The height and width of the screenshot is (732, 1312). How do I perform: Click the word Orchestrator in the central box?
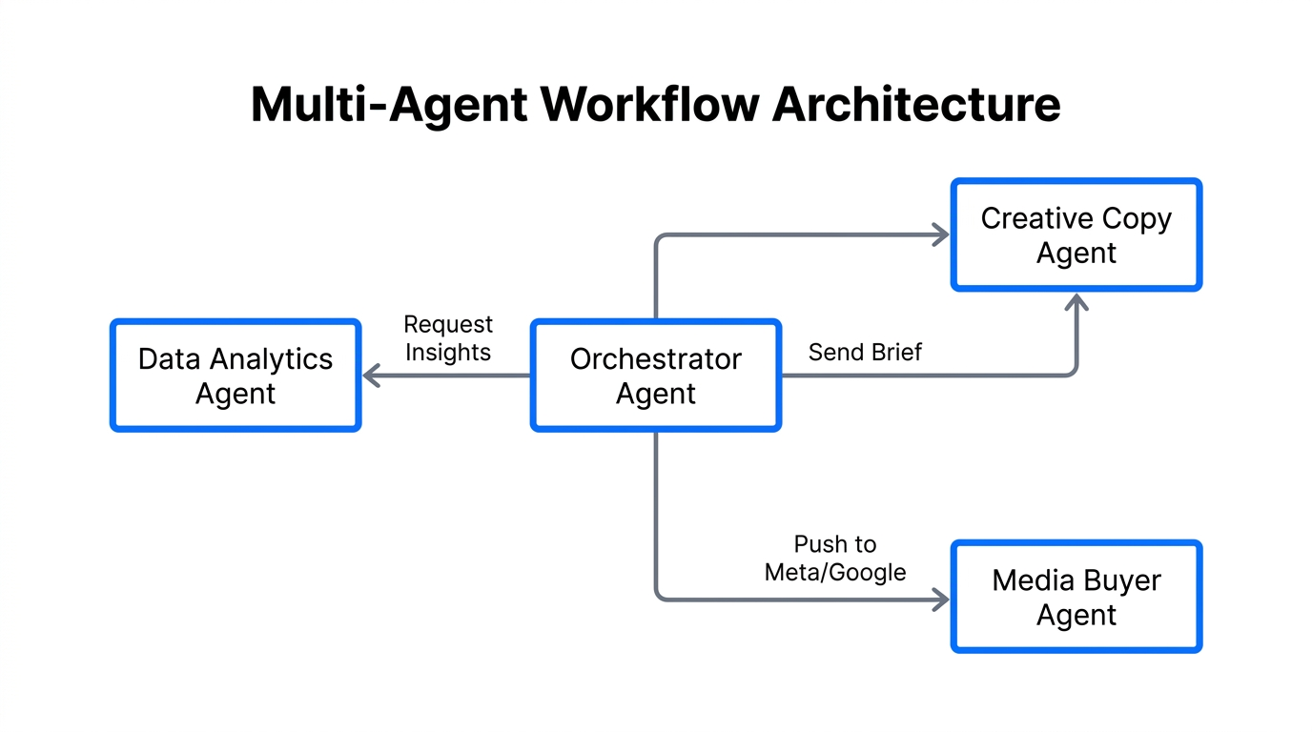pos(655,359)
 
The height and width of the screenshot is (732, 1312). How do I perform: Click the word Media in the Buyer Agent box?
pos(1028,580)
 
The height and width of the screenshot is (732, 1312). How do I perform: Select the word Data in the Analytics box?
pos(169,359)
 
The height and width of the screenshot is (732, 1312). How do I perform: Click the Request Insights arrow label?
pos(447,338)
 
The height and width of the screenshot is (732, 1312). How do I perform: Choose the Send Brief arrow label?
pos(865,353)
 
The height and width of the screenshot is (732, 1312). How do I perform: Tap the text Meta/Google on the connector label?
pos(835,572)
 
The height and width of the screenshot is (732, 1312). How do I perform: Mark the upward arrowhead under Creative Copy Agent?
pos(1076,302)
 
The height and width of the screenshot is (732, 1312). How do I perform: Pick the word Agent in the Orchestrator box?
pos(655,394)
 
